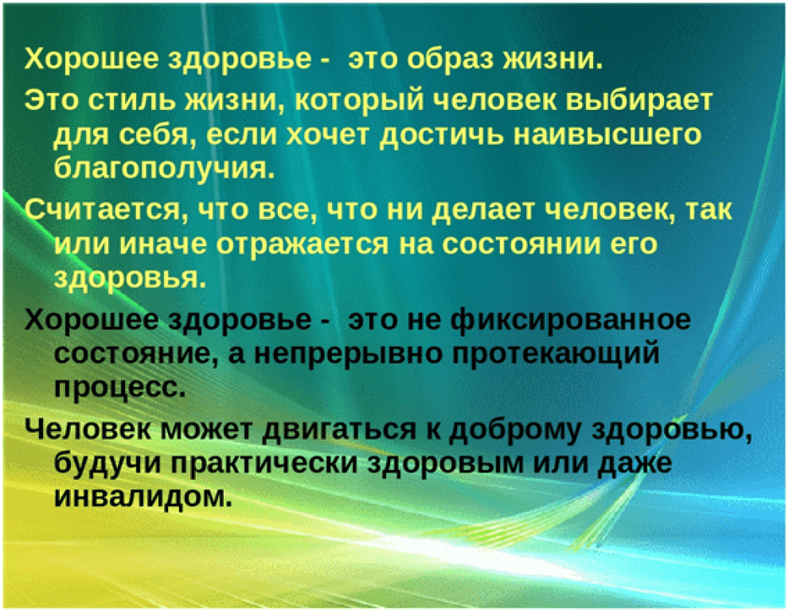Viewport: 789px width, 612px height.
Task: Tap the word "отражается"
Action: coord(303,245)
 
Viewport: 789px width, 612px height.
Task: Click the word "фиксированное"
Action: coord(571,320)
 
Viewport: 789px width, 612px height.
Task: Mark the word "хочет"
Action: coord(327,135)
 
